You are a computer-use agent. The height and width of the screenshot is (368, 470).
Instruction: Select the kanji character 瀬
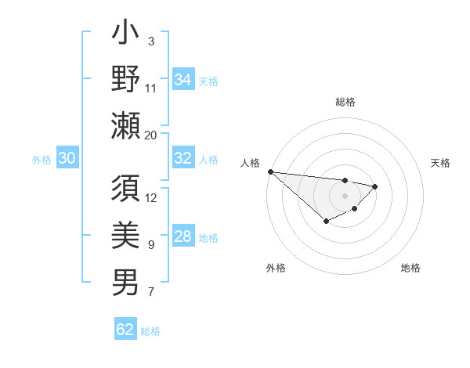pyautogui.click(x=125, y=125)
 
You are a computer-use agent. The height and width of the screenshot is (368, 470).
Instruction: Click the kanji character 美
pyautogui.click(x=125, y=236)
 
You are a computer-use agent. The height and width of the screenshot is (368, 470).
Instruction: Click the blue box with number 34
pyautogui.click(x=183, y=79)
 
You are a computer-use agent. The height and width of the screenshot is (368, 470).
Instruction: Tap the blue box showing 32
pyautogui.click(x=183, y=158)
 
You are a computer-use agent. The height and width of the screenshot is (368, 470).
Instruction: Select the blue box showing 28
pyautogui.click(x=183, y=236)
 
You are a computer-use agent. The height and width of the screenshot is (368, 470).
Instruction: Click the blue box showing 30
pyautogui.click(x=67, y=158)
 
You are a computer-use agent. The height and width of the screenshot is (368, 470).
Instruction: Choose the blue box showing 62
pyautogui.click(x=125, y=330)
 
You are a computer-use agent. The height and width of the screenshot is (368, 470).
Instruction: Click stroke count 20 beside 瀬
pyautogui.click(x=151, y=135)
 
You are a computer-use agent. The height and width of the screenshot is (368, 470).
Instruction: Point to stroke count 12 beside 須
pyautogui.click(x=151, y=197)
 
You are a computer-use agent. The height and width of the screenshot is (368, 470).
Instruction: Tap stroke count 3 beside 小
pyautogui.click(x=151, y=41)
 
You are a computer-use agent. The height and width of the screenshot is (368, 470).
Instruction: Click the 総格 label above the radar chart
pyautogui.click(x=345, y=102)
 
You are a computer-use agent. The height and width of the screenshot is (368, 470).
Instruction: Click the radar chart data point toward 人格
pyautogui.click(x=270, y=171)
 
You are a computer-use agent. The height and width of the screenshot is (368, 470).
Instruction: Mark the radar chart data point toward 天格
pyautogui.click(x=376, y=186)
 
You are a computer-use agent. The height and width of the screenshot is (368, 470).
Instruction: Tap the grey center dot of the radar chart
pyautogui.click(x=345, y=196)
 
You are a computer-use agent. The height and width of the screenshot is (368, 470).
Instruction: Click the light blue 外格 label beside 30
pyautogui.click(x=42, y=160)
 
